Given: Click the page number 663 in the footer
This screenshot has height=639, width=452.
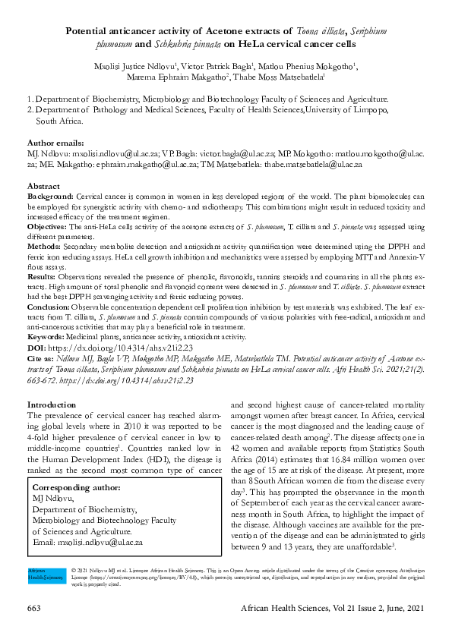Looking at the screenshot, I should click(x=33, y=608).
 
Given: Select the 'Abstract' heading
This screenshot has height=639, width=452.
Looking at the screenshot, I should click(x=43, y=186).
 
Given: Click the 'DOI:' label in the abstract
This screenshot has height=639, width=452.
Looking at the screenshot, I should click(x=37, y=345).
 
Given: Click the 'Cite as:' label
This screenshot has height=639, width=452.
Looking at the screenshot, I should click(x=42, y=356).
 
